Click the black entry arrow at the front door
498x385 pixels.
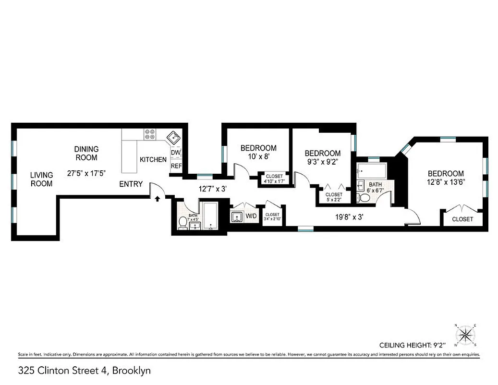(x=157, y=199)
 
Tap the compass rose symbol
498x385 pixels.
(x=465, y=334)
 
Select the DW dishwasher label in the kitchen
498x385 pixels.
(x=176, y=153)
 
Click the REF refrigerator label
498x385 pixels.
(x=176, y=166)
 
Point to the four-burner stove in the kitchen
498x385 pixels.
(x=149, y=135)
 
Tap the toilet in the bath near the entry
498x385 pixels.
(x=182, y=222)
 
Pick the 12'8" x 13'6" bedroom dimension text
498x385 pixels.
(x=446, y=182)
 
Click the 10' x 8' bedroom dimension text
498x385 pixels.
(x=258, y=156)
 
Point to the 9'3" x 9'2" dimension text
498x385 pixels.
(x=323, y=162)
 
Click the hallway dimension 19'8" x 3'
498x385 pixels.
(x=349, y=217)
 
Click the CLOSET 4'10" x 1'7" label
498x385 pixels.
(x=274, y=179)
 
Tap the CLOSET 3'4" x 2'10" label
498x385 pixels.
(x=272, y=217)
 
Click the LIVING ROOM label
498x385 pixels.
(x=41, y=179)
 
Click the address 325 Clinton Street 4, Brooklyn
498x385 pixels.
(x=78, y=371)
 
